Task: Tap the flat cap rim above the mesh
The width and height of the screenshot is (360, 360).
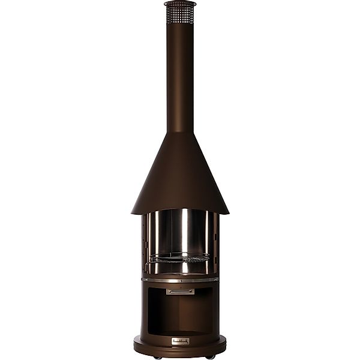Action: pyautogui.click(x=180, y=4)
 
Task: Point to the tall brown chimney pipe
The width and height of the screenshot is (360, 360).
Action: pyautogui.click(x=180, y=72)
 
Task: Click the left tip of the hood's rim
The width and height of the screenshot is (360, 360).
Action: pyautogui.click(x=132, y=212)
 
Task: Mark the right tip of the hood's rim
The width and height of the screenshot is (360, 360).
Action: pyautogui.click(x=228, y=212)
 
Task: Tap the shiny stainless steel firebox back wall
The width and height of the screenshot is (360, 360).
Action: pyautogui.click(x=180, y=231)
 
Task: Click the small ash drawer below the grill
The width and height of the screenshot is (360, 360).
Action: pyautogui.click(x=180, y=292)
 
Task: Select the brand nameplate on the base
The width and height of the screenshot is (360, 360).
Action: pyautogui.click(x=180, y=341)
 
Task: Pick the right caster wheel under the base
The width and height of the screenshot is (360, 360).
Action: pyautogui.click(x=211, y=358)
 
